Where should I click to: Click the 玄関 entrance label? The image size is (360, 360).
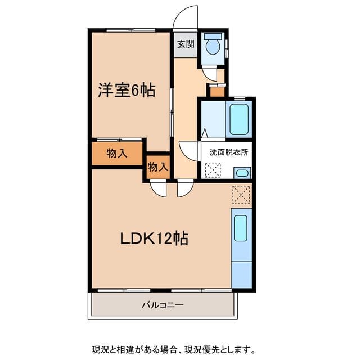pyautogui.click(x=186, y=44)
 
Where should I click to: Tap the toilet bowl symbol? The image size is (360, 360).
pyautogui.click(x=213, y=45)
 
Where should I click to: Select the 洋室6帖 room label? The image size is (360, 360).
pyautogui.click(x=127, y=90)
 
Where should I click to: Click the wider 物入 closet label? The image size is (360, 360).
pyautogui.click(x=116, y=153)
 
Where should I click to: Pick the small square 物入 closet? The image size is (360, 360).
pyautogui.click(x=157, y=166)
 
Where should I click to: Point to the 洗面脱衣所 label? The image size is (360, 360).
pyautogui.click(x=228, y=152)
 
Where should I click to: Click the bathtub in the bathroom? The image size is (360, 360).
pyautogui.click(x=239, y=118)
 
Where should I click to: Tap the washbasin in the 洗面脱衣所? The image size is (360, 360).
pyautogui.click(x=242, y=173)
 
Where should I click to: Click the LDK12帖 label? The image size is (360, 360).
pyautogui.click(x=154, y=238)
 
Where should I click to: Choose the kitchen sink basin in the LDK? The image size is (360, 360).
pyautogui.click(x=241, y=228)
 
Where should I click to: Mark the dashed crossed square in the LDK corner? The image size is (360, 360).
pyautogui.click(x=241, y=194)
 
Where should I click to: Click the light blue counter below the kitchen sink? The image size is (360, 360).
pyautogui.click(x=241, y=273)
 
